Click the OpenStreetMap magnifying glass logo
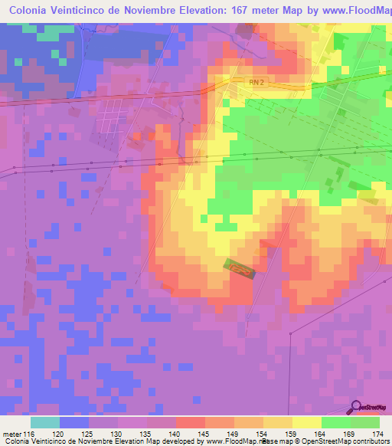point(355,406)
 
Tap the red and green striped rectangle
point(239,267)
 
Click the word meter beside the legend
point(11,435)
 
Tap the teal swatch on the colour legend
point(45,422)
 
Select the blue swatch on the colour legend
point(74,422)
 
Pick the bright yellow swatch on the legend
point(307,422)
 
